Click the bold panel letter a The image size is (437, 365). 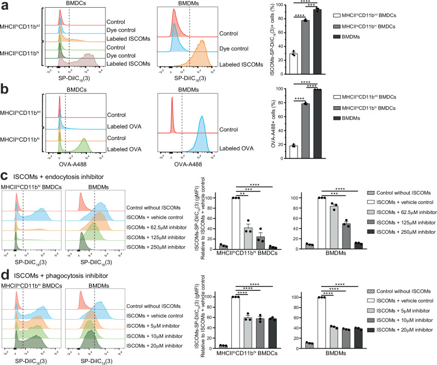(x=5, y=5)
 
